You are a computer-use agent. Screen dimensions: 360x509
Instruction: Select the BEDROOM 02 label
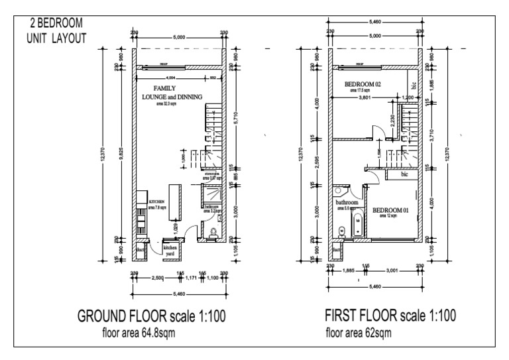[364, 86]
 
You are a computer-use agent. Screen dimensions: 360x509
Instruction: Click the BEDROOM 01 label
[391, 210]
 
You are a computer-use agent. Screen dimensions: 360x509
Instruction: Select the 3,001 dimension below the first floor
[394, 270]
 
